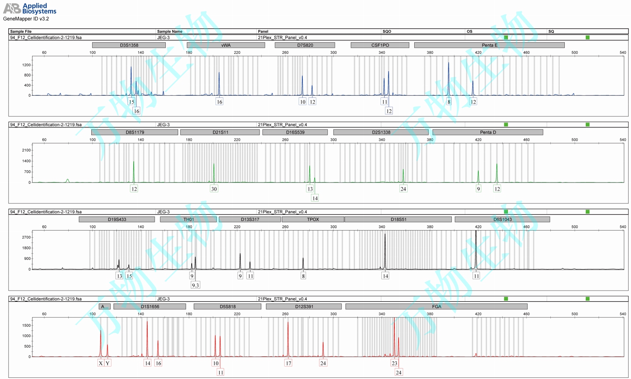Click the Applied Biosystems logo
pyautogui.click(x=29, y=8)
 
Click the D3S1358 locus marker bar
pyautogui.click(x=129, y=45)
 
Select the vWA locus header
pyautogui.click(x=226, y=45)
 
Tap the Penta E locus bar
pyautogui.click(x=489, y=45)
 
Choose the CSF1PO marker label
pyautogui.click(x=380, y=45)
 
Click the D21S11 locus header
pyautogui.click(x=220, y=132)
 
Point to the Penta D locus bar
pyautogui.click(x=488, y=132)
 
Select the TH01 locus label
pyautogui.click(x=188, y=220)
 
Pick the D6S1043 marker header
pyautogui.click(x=502, y=220)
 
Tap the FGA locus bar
pyautogui.click(x=436, y=307)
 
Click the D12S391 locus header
pyautogui.click(x=304, y=307)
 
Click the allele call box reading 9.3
pyautogui.click(x=195, y=285)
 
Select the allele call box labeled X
pyautogui.click(x=101, y=363)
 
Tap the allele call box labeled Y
pyautogui.click(x=107, y=363)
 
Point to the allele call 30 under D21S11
pyautogui.click(x=214, y=189)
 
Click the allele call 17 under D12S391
pyautogui.click(x=288, y=363)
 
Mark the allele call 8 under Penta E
pyautogui.click(x=449, y=102)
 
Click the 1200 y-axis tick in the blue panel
pyautogui.click(x=26, y=65)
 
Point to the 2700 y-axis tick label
pyautogui.click(x=26, y=237)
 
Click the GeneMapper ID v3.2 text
pyautogui.click(x=26, y=19)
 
